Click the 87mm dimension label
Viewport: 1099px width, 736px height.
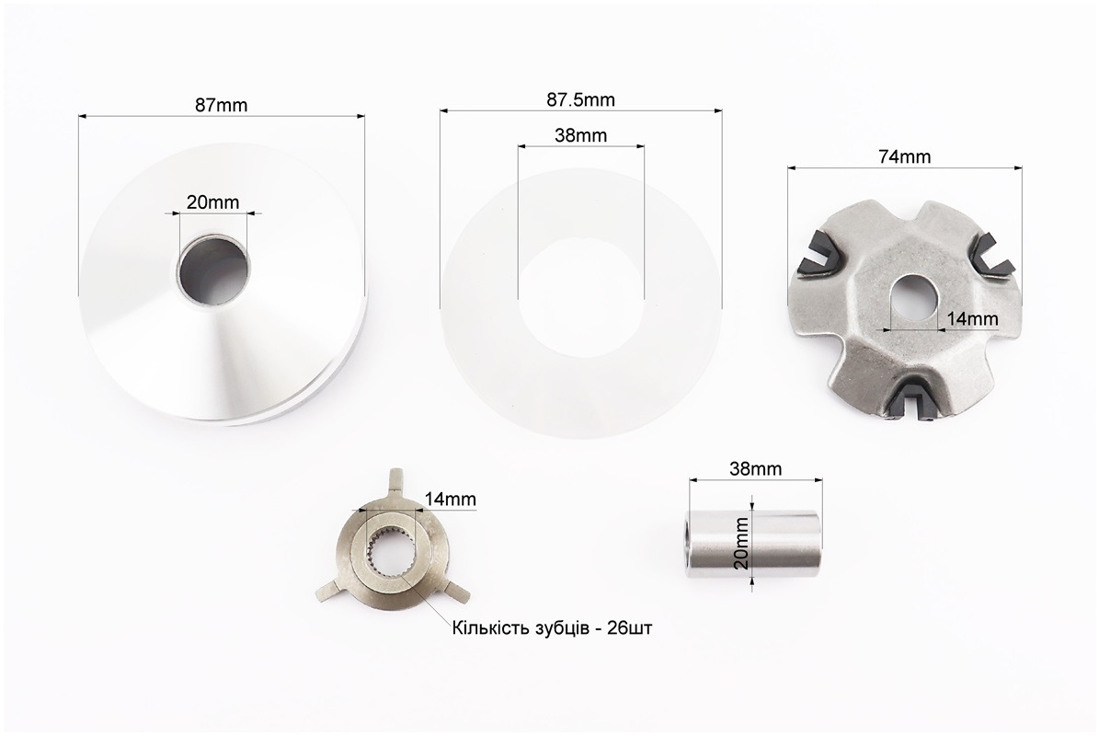click(221, 105)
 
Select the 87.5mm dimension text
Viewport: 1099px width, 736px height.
click(580, 99)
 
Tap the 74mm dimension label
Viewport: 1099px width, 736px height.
click(904, 156)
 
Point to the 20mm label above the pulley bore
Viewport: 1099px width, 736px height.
click(212, 201)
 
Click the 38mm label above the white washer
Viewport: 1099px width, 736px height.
click(580, 135)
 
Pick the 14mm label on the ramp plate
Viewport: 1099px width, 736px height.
click(972, 319)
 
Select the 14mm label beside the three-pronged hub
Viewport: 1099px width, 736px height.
click(450, 499)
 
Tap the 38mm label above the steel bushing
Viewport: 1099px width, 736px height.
click(755, 468)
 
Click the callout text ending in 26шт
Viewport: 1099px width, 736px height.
click(552, 627)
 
